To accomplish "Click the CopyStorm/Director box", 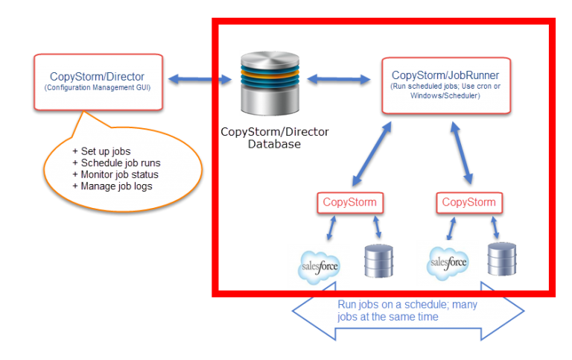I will pos(97,81).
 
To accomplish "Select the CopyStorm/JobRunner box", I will pos(445,85).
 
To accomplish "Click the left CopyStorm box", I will pos(349,203).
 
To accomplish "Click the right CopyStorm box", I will pos(468,203).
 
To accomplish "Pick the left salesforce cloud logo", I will pos(319,265).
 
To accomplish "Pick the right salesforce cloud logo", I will pos(447,263).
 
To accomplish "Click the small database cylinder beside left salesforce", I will pos(378,260).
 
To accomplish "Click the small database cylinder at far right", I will pos(501,259).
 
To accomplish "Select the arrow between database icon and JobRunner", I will pos(338,77).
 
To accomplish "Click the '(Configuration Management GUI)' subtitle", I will pos(97,87).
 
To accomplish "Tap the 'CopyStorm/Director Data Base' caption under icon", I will pos(273,137).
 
